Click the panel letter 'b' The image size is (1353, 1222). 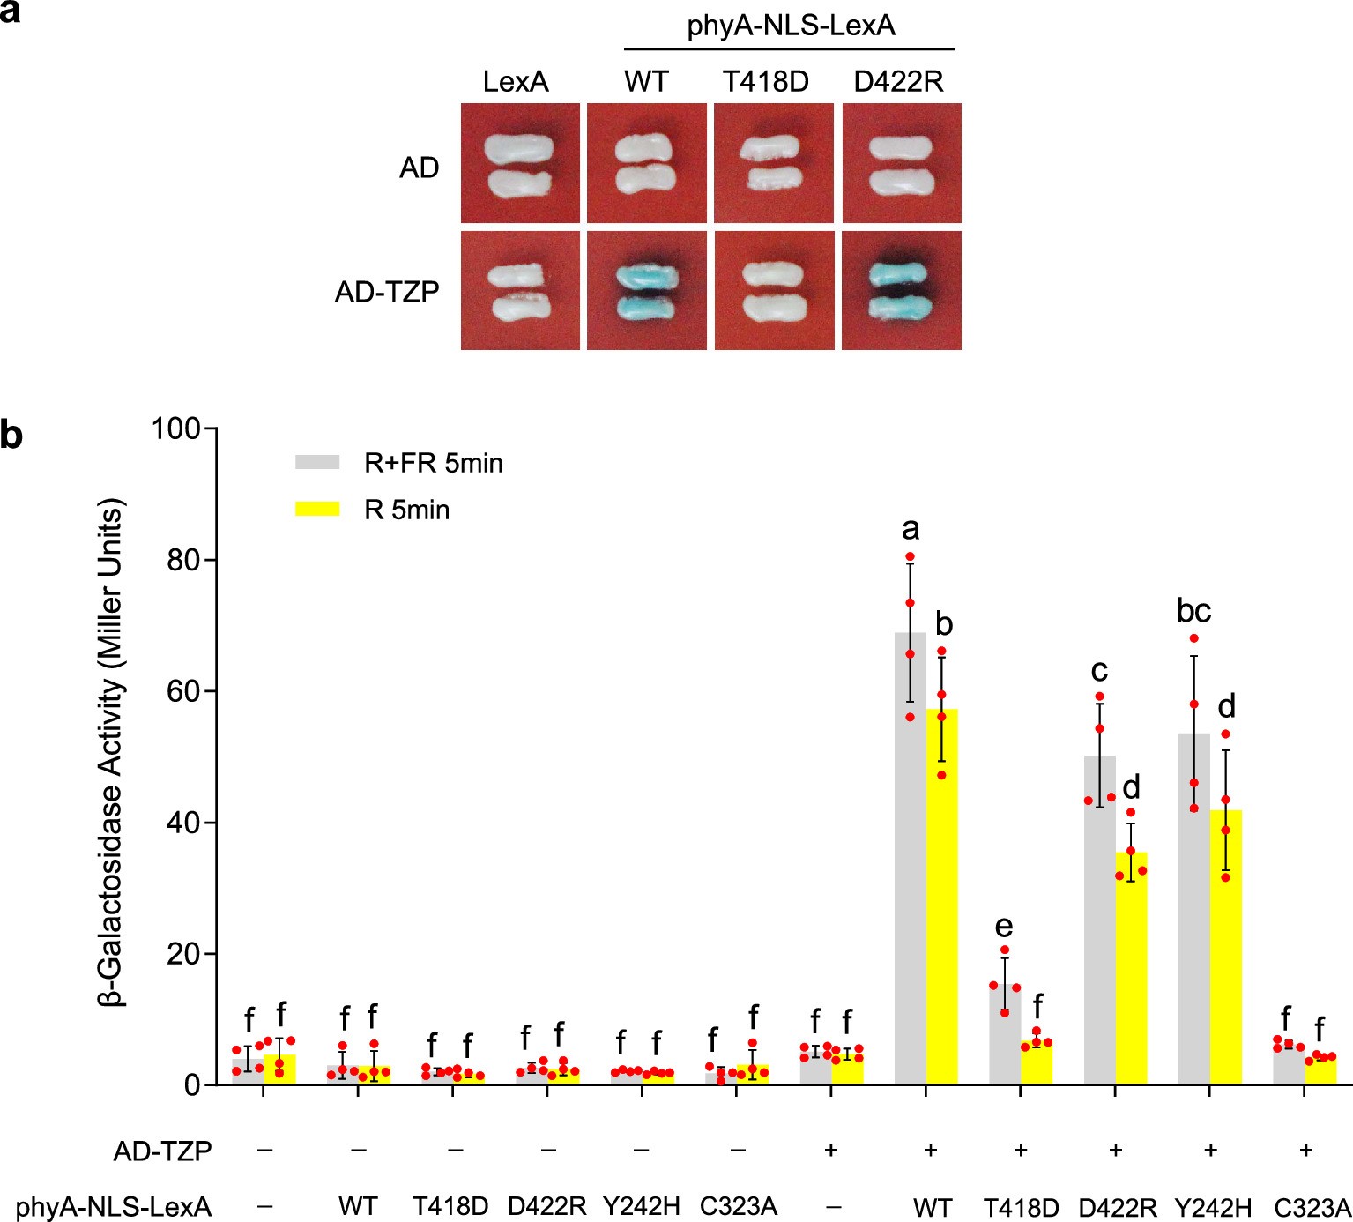11,435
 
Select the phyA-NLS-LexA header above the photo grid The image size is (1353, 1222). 791,26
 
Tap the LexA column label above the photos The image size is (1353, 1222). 516,82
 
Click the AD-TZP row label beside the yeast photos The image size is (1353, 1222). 387,292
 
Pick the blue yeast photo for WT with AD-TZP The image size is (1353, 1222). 646,291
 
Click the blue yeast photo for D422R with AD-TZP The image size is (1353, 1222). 901,291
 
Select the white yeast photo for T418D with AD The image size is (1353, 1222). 773,163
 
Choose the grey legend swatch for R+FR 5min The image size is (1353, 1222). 316,462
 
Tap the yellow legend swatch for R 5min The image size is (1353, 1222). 316,509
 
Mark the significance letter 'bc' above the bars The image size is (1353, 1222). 1193,610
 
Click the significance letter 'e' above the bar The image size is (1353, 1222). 1004,926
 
